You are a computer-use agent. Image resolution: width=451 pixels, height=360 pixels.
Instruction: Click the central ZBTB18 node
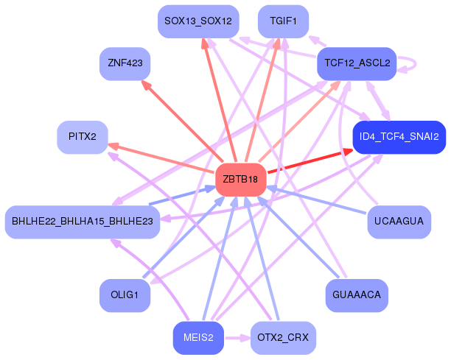(x=240, y=180)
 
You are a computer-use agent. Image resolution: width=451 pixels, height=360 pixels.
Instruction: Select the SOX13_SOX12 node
(x=198, y=21)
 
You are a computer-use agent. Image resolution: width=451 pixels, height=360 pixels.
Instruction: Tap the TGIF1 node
(x=283, y=21)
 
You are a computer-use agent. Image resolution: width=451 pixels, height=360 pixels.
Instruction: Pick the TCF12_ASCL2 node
(x=357, y=63)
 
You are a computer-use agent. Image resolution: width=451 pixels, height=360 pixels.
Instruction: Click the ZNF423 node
(x=125, y=63)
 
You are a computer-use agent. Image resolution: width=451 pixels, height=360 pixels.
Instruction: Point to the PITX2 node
(x=83, y=137)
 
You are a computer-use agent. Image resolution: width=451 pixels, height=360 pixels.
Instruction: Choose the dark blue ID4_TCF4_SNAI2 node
(x=399, y=137)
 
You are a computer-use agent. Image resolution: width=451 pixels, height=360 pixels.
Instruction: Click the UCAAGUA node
(x=399, y=222)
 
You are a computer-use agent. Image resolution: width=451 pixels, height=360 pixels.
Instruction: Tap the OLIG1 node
(x=125, y=295)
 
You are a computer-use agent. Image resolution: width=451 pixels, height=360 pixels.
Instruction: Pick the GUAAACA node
(x=357, y=295)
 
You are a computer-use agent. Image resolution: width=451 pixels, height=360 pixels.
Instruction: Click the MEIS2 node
(x=198, y=338)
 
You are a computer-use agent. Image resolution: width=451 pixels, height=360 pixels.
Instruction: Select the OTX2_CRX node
(x=283, y=338)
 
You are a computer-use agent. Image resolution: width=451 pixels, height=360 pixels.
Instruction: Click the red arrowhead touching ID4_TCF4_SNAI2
(x=346, y=152)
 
